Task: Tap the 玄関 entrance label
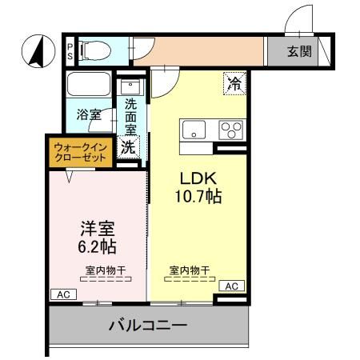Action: [300, 54]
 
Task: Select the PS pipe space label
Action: [70, 52]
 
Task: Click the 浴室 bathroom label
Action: [88, 114]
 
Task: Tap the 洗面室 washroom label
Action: [130, 117]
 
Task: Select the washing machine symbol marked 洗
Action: [128, 147]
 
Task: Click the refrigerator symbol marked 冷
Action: [235, 82]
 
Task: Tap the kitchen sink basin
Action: [195, 130]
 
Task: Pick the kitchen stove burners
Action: [232, 130]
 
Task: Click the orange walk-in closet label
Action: [80, 152]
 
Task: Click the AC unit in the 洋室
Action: [62, 294]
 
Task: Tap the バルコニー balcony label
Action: [148, 326]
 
